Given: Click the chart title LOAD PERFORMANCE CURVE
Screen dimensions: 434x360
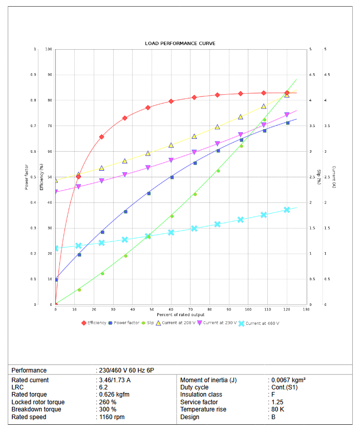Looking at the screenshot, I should [180, 44].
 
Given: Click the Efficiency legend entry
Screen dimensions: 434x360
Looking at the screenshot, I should [96, 323].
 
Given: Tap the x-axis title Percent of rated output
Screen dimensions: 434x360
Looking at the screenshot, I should [180, 315].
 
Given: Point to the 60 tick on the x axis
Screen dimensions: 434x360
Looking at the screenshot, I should [171, 309].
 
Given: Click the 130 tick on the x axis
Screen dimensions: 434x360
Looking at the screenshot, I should [306, 309].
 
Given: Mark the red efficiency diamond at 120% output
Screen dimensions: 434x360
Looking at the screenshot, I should [287, 93].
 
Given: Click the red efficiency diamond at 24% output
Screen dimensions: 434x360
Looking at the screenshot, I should [101, 137].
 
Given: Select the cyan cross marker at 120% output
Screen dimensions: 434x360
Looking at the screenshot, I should [287, 210].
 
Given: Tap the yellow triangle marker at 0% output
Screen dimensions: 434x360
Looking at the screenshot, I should [55, 180].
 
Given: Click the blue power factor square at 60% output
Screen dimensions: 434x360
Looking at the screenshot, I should [172, 177].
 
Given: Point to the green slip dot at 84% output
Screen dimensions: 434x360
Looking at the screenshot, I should [218, 171].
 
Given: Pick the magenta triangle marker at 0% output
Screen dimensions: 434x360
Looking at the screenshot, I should [55, 192].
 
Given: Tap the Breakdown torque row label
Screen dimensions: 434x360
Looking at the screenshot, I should [36, 409].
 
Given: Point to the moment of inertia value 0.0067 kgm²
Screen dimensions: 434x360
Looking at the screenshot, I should [288, 380].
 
